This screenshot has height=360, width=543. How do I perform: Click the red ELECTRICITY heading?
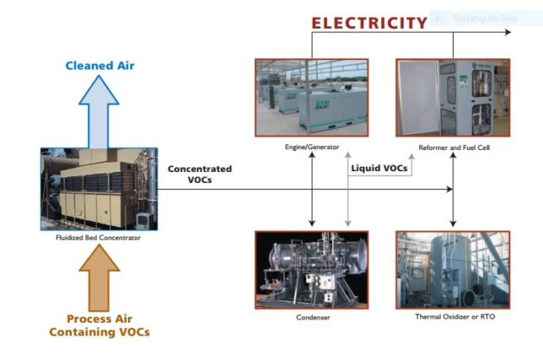click(368, 22)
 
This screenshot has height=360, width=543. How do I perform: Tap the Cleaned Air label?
click(99, 65)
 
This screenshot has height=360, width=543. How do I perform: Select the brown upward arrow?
click(99, 280)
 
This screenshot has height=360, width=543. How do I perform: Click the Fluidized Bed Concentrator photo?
click(98, 189)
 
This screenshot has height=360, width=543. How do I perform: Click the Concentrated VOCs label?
click(199, 174)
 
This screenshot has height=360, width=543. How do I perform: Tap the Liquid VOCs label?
click(380, 168)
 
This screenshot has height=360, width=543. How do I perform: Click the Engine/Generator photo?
click(311, 98)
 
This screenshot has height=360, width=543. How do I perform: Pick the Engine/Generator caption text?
click(312, 147)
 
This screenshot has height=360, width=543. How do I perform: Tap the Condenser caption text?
click(312, 318)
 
